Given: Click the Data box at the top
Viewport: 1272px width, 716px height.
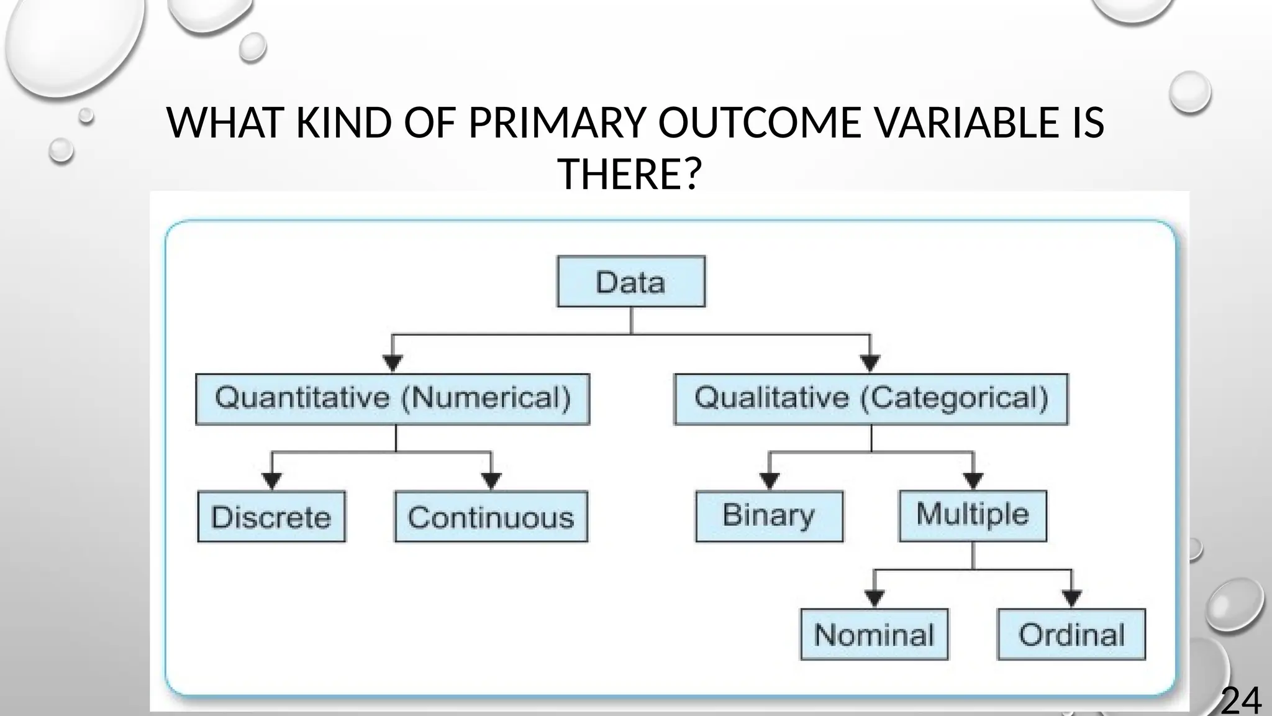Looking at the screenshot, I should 631,282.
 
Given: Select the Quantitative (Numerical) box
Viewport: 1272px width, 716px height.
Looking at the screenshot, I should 393,399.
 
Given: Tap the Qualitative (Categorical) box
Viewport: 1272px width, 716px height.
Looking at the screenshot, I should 871,399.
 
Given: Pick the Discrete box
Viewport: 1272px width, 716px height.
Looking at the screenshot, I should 271,517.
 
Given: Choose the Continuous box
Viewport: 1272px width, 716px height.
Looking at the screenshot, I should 491,517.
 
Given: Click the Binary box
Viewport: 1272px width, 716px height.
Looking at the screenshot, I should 769,516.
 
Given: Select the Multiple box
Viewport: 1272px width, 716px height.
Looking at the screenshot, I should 973,515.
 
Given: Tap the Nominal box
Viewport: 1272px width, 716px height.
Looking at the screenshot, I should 874,635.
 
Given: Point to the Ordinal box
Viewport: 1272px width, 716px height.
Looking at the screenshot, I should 1071,635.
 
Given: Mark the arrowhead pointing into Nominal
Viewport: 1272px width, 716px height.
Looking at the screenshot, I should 874,599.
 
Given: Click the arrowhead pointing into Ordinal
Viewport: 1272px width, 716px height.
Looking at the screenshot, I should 1071,599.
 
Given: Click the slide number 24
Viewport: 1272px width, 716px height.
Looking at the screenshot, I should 1241,700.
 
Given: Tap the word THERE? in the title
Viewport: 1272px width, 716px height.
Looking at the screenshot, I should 629,173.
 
